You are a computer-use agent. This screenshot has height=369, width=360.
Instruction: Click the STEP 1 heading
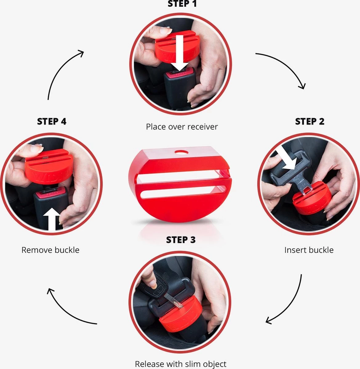[182, 4]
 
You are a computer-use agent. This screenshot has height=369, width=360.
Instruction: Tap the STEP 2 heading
[310, 121]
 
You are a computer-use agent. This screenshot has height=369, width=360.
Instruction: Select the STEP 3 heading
[181, 240]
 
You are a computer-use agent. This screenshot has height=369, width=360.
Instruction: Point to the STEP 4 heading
[52, 121]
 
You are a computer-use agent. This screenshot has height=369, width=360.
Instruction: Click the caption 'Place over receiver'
[182, 127]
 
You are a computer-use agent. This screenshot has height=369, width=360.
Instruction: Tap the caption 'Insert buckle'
[309, 250]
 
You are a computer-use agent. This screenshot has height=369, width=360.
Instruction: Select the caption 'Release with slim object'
[181, 364]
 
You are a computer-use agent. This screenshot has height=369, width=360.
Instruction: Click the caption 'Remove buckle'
[50, 250]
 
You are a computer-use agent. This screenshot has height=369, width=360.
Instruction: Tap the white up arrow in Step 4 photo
[52, 219]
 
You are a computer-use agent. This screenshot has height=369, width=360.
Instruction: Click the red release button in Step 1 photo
[179, 73]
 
